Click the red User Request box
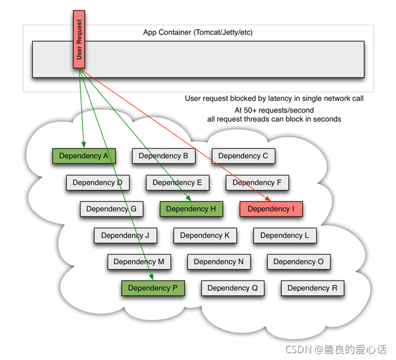tap(79, 39)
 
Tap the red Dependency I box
tap(271, 209)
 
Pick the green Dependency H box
tap(191, 209)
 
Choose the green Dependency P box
tap(153, 288)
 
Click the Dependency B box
tap(163, 156)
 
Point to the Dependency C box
tap(243, 156)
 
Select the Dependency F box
tap(257, 182)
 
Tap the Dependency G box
tap(111, 209)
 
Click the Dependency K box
tap(205, 236)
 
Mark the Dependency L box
tap(285, 236)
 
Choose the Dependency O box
tap(299, 262)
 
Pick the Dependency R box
tap(312, 288)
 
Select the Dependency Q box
tap(233, 288)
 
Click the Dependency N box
tap(219, 262)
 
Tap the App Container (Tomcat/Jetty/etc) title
tap(198, 32)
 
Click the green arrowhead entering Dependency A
tap(84, 145)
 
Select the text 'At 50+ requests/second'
tap(274, 110)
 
